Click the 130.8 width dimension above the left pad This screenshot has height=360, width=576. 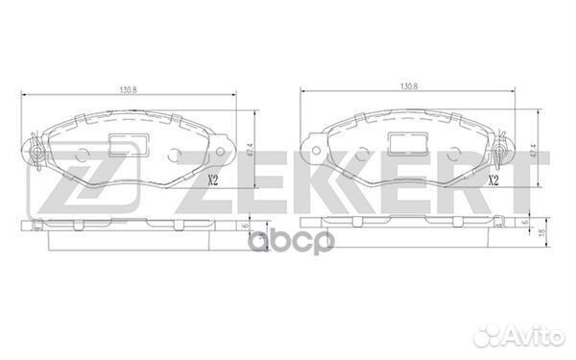129,90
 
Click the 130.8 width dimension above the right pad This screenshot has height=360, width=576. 409,86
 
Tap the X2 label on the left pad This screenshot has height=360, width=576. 213,180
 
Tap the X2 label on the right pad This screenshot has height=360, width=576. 493,180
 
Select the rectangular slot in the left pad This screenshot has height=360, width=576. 130,144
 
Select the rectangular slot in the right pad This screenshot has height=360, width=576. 409,144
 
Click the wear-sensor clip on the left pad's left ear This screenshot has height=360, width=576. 36,152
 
